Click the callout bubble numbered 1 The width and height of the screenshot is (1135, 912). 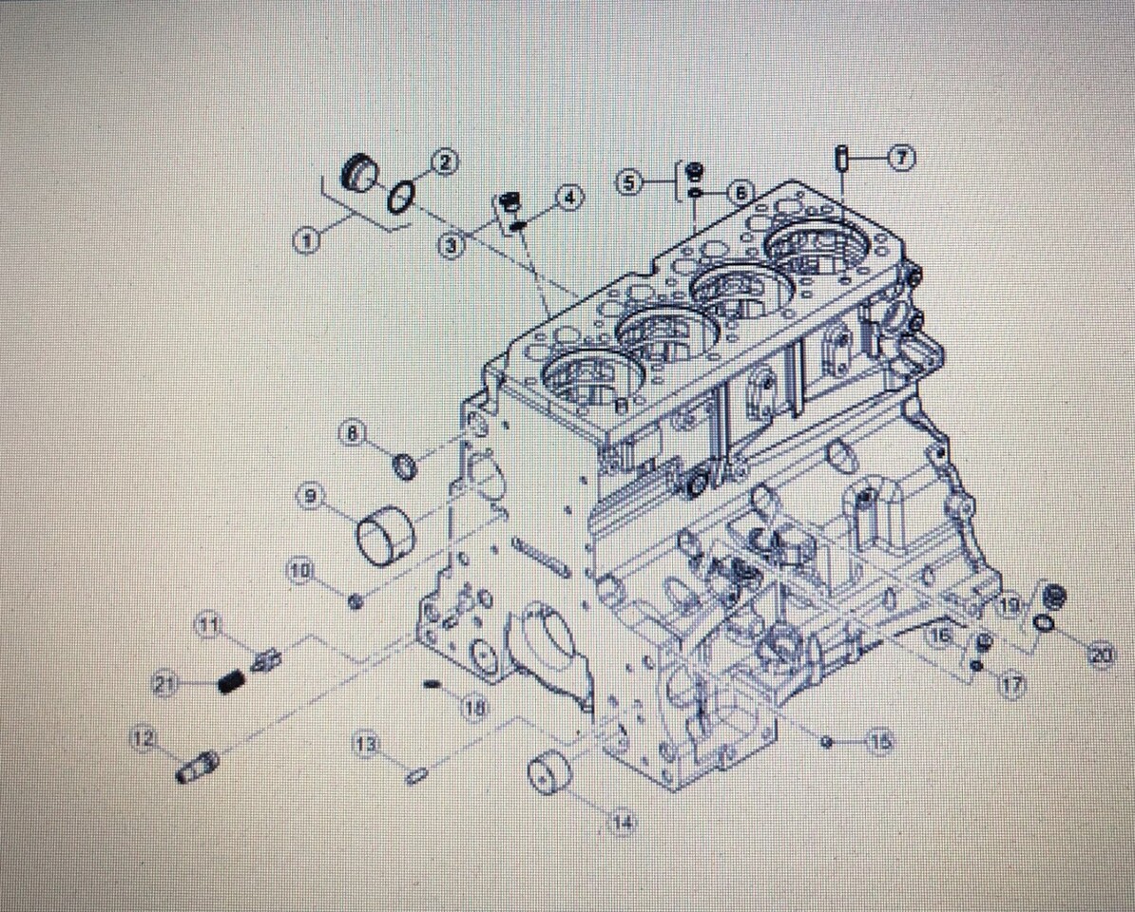(x=305, y=241)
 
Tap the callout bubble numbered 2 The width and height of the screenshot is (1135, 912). (x=445, y=161)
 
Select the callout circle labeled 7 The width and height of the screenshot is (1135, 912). (x=901, y=158)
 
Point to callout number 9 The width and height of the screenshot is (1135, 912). (x=311, y=495)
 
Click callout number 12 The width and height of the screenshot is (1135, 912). (x=144, y=738)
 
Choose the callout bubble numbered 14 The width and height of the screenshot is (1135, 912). (x=623, y=822)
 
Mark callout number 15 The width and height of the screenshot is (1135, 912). (x=881, y=741)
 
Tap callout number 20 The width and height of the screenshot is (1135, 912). (x=1101, y=655)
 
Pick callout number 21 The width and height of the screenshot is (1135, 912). (x=164, y=682)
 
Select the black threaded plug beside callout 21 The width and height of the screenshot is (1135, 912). (x=229, y=681)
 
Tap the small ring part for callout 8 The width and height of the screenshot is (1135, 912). (x=405, y=466)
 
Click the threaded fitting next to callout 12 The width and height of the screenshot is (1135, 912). (x=199, y=767)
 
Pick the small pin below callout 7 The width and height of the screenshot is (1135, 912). (x=841, y=159)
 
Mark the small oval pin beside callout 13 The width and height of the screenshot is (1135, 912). (x=415, y=777)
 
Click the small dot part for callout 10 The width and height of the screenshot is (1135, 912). (x=355, y=601)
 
